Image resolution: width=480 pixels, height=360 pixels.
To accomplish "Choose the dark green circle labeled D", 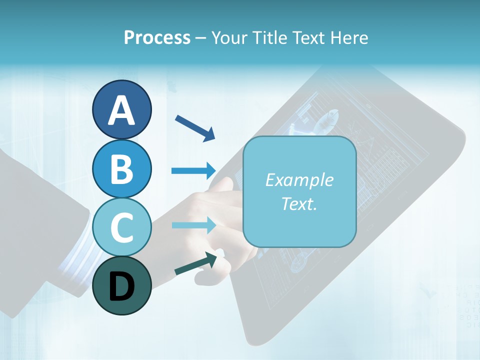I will coord(121,285).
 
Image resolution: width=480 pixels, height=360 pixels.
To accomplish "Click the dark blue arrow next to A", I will coord(195,127).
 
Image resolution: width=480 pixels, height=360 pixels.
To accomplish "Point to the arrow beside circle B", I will coord(193,171).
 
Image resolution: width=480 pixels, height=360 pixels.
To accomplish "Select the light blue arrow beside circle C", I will coord(193,225).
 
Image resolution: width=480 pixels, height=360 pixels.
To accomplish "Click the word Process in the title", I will coord(157,37).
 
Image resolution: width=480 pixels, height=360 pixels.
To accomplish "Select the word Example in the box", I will coord(299,180).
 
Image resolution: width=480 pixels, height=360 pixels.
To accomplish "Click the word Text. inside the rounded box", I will coord(299,203).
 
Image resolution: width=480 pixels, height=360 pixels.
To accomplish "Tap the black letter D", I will coord(121,287).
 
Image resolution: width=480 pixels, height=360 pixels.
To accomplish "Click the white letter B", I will coord(121,169).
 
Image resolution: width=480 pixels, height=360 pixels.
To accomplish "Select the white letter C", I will coord(121,227).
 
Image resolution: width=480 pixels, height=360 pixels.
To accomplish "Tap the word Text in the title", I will coord(309,37).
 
